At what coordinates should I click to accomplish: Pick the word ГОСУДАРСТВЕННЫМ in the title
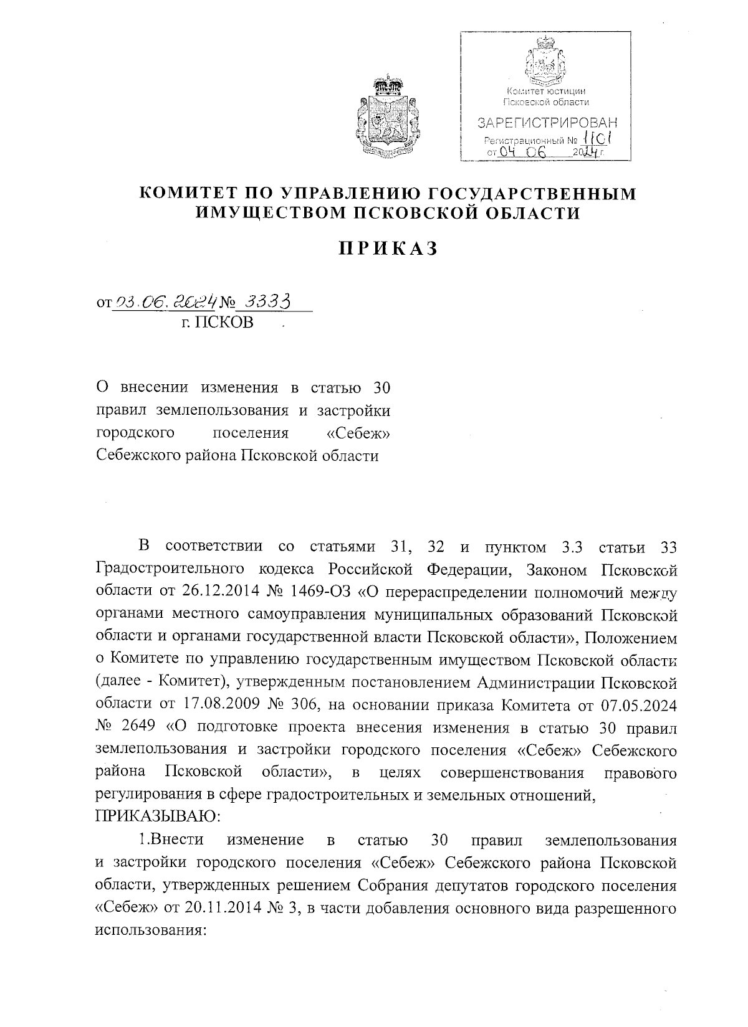click(516, 194)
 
